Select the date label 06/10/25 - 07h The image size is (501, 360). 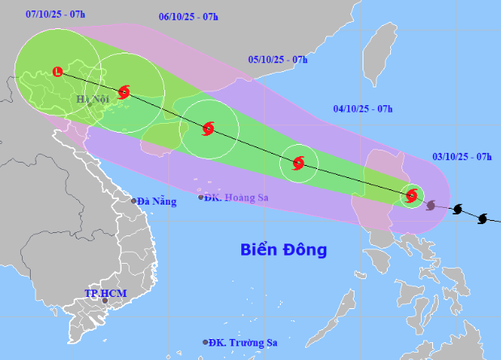click(x=189, y=16)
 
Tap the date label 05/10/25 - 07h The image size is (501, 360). click(x=278, y=60)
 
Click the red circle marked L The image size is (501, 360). click(x=57, y=72)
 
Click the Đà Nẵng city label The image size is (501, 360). click(x=156, y=201)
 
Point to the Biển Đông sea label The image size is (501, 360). click(x=283, y=250)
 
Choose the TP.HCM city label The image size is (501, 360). click(x=107, y=292)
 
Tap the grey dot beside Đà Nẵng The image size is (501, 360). click(x=134, y=201)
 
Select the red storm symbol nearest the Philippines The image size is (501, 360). click(x=412, y=195)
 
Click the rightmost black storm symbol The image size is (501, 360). click(x=483, y=218)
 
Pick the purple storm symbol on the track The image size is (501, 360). click(x=431, y=205)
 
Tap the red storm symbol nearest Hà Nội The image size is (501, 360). click(x=124, y=92)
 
